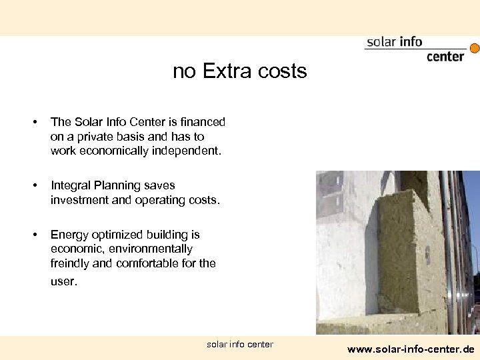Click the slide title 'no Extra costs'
click(239, 71)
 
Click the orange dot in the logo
click(475, 48)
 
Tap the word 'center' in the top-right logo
click(445, 57)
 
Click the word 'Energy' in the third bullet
click(69, 235)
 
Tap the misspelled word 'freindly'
click(70, 263)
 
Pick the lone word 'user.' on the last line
click(64, 281)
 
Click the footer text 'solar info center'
click(240, 344)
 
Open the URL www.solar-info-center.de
click(411, 349)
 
